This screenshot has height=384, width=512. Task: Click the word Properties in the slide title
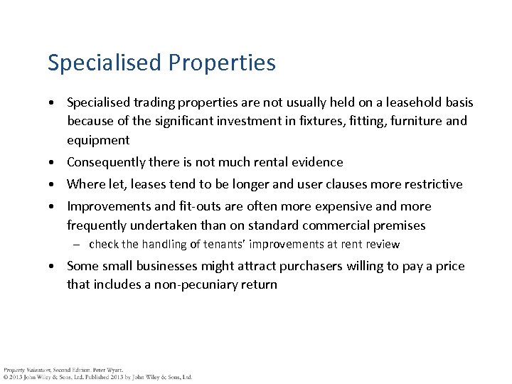(222, 63)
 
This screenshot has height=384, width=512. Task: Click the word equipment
(98, 139)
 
